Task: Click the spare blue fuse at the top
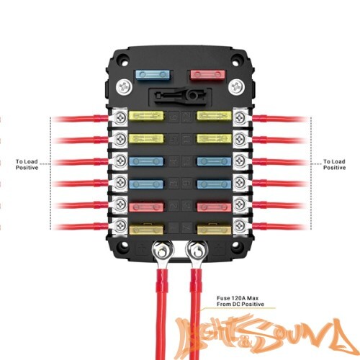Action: tap(153, 75)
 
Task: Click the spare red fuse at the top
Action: tap(207, 75)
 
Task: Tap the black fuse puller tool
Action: tap(180, 96)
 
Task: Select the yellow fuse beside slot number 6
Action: tap(146, 116)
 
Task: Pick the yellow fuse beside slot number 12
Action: tap(215, 116)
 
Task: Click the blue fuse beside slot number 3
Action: tap(146, 184)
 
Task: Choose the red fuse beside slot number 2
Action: tap(146, 207)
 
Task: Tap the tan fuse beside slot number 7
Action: tap(215, 230)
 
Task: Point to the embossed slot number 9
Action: tap(186, 184)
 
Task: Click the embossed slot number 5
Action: tap(174, 139)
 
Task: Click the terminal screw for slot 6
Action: tap(120, 117)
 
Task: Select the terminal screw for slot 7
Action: tap(240, 225)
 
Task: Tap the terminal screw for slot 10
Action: tap(240, 161)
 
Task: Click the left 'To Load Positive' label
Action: tap(27, 165)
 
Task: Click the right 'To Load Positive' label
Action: tap(334, 165)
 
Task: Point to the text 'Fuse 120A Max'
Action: tap(238, 298)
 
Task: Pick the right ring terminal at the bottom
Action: tap(197, 255)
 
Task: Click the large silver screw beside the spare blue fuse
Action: tap(124, 86)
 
